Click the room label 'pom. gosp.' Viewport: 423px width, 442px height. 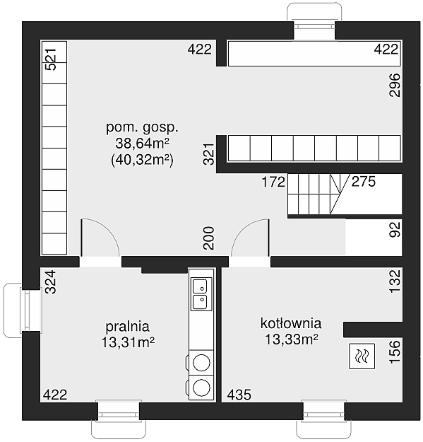[142, 128]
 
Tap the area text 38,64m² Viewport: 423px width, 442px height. [142, 143]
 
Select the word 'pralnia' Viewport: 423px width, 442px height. [128, 327]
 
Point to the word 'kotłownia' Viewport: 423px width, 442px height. [291, 323]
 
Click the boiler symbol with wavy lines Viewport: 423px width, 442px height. [362, 356]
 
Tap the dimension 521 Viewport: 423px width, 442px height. [51, 59]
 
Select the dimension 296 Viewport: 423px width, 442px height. [394, 85]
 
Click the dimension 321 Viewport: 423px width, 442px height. [209, 154]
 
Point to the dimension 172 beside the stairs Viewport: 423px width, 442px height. [273, 182]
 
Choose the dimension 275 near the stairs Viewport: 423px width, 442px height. [364, 182]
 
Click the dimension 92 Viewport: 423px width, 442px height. [395, 230]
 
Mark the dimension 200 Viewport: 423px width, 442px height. [209, 238]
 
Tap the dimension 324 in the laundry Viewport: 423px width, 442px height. [51, 282]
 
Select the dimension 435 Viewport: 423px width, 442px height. [239, 395]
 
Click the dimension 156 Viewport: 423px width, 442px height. [395, 351]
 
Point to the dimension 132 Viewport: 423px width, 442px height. [395, 281]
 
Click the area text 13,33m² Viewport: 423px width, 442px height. [292, 339]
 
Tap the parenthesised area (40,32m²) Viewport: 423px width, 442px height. [142, 160]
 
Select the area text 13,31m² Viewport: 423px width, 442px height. [128, 342]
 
